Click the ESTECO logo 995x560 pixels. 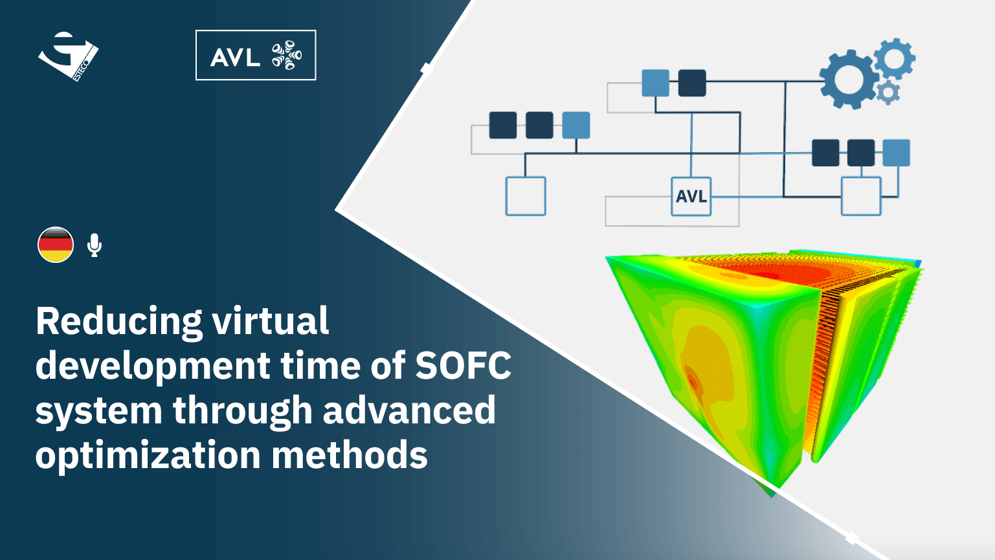click(68, 56)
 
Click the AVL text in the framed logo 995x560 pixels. click(235, 57)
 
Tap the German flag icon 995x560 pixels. click(56, 245)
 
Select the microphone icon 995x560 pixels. click(94, 245)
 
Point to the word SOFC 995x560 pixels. click(463, 366)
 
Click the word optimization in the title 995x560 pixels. click(148, 456)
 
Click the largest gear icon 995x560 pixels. click(849, 80)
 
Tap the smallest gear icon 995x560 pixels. click(888, 93)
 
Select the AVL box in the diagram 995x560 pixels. click(691, 196)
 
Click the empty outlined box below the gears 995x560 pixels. click(861, 196)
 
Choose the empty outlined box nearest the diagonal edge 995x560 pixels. click(526, 196)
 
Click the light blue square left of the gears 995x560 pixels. click(655, 83)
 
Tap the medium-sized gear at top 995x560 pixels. click(895, 59)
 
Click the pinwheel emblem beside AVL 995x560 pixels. click(287, 56)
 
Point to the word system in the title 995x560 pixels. click(99, 412)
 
